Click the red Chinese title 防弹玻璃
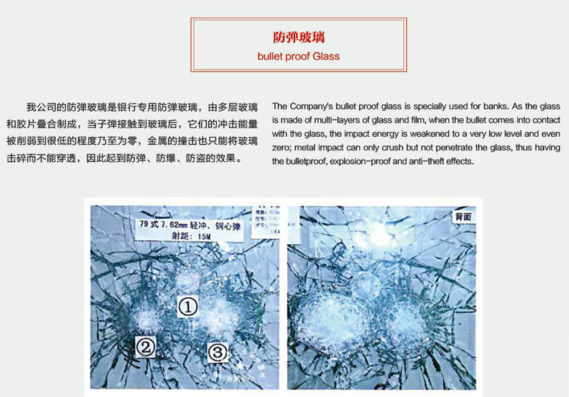298,38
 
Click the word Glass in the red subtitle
324,56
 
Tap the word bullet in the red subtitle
269,56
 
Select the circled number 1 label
188,307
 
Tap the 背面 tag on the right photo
462,216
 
